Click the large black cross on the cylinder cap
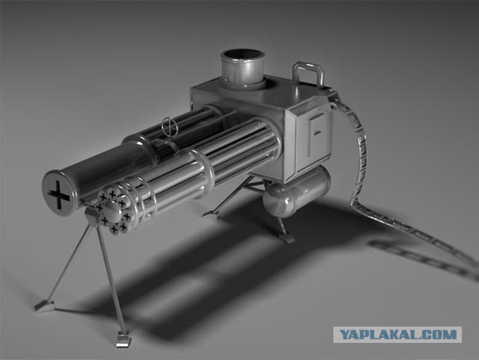(x=59, y=195)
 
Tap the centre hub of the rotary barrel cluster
(x=112, y=209)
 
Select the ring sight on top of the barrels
(x=167, y=126)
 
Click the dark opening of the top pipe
(x=242, y=57)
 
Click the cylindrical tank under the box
(x=296, y=191)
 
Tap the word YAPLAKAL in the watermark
(x=376, y=334)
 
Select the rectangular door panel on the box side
(x=315, y=136)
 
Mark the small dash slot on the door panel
(x=318, y=132)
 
